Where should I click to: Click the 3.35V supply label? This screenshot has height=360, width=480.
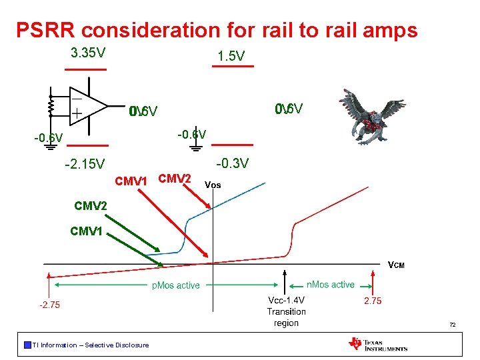[x=88, y=53]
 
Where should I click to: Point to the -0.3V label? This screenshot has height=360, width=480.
[x=233, y=163]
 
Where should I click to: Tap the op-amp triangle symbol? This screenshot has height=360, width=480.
[x=87, y=105]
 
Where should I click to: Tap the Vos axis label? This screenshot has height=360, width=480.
[x=213, y=185]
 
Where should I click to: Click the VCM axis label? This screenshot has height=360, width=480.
[x=396, y=265]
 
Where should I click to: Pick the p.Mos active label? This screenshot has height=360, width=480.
[x=176, y=285]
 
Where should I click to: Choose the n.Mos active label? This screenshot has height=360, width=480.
[x=330, y=285]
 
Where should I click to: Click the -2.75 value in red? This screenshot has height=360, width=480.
[x=49, y=305]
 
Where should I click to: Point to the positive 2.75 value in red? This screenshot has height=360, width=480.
[x=372, y=301]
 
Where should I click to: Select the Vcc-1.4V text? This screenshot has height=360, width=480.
[x=286, y=301]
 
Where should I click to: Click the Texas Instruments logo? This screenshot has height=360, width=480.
[x=377, y=344]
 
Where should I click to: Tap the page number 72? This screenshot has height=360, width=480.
[x=452, y=325]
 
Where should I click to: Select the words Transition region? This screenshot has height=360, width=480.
[x=286, y=317]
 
